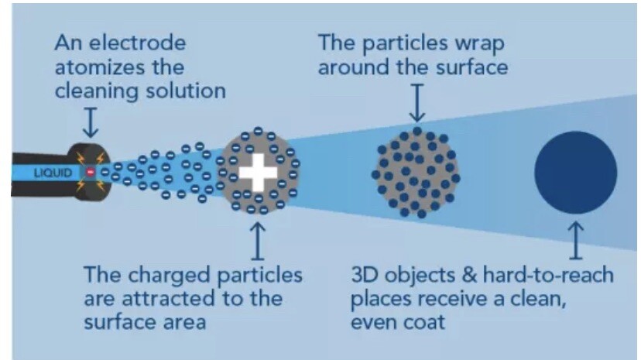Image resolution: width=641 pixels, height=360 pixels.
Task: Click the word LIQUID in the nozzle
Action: [53, 173]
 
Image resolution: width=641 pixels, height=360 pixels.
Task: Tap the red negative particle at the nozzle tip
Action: [91, 173]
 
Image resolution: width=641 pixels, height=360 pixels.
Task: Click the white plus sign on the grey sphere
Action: [258, 173]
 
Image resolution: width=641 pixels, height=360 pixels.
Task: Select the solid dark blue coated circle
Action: [576, 173]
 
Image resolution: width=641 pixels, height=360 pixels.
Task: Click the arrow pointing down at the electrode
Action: [91, 122]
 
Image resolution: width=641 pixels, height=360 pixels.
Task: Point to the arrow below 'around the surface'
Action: [417, 103]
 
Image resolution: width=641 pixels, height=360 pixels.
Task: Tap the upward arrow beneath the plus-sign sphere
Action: [258, 241]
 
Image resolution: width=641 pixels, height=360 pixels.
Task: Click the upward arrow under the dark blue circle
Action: [576, 240]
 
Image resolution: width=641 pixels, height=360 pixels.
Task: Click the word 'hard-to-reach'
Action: [548, 275]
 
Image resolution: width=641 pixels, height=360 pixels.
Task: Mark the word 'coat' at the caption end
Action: [424, 322]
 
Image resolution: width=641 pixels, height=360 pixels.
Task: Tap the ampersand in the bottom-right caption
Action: [469, 275]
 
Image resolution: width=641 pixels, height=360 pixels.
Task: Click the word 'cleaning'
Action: [98, 91]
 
